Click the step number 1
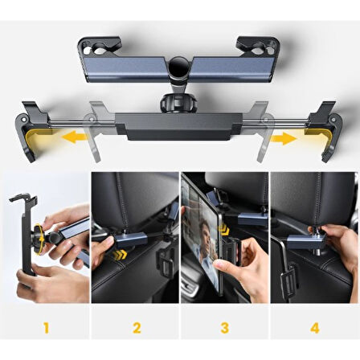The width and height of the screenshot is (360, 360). (45, 327)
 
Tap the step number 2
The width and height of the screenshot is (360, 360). (137, 327)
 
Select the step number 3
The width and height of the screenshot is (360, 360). (226, 327)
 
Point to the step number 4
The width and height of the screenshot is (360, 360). (314, 327)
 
